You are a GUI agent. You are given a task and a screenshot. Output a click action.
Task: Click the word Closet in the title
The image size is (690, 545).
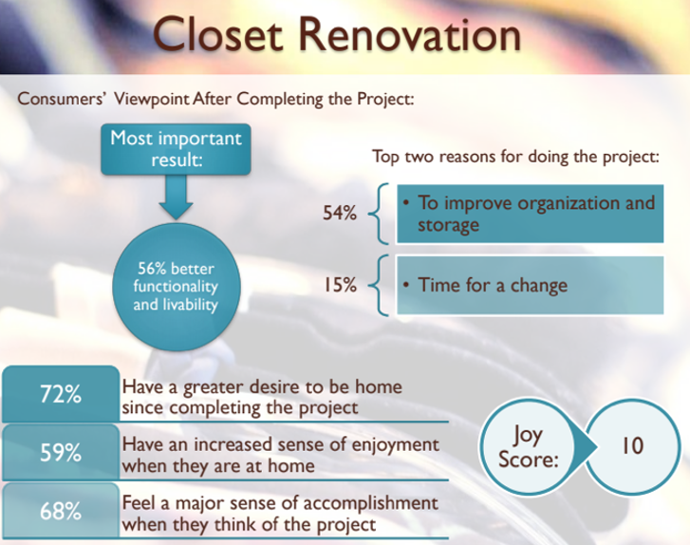[x=217, y=34]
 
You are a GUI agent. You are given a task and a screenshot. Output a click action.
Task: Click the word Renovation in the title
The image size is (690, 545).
[x=410, y=34]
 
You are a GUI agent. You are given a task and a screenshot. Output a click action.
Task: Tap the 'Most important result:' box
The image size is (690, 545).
[x=176, y=149]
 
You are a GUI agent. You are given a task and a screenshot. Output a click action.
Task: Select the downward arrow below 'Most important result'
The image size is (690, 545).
[x=176, y=197]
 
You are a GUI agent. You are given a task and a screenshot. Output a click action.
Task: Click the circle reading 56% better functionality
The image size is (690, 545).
[x=177, y=287]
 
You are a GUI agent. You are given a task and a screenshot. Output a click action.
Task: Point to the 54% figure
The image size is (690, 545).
[x=340, y=213]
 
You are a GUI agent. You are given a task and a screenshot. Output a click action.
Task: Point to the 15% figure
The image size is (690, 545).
[x=340, y=285]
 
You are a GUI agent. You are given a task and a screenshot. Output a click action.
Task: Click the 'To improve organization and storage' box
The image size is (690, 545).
[x=530, y=214]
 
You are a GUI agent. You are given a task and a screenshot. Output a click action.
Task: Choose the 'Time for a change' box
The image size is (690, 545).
[x=530, y=285]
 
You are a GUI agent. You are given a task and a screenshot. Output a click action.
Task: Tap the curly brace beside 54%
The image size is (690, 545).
[x=379, y=214]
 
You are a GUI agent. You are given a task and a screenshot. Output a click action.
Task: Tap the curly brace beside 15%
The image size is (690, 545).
[x=379, y=285]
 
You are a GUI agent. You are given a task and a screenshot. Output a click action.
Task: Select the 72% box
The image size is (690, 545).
[x=61, y=394]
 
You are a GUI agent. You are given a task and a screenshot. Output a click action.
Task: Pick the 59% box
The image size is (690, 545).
[x=61, y=452]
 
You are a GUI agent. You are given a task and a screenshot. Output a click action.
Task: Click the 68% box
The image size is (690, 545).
[x=61, y=511]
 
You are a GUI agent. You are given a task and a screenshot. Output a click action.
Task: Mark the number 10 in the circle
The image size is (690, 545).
[x=632, y=446]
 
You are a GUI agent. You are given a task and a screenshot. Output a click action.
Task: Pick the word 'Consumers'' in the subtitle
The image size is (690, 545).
[x=60, y=98]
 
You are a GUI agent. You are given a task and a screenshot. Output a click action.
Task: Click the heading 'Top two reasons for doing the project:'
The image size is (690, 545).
[x=516, y=157]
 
